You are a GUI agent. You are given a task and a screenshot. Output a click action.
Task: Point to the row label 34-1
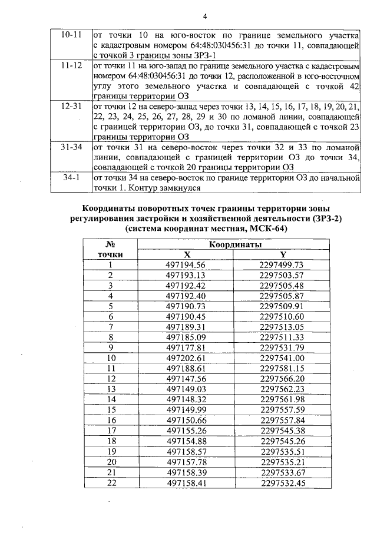coord(71,177)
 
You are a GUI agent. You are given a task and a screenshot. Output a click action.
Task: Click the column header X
coord(186,254)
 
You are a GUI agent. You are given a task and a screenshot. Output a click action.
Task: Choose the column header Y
coord(282,254)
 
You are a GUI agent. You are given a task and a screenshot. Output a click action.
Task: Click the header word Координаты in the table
coord(234,244)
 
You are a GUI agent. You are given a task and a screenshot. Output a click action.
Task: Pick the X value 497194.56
coord(186,265)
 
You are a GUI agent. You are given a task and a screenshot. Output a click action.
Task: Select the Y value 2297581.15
coord(282,368)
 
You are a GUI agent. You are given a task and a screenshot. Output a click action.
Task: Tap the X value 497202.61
coord(186,357)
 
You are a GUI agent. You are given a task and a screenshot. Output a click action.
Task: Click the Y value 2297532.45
coord(282,481)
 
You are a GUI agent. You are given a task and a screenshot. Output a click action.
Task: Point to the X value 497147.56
coord(186,378)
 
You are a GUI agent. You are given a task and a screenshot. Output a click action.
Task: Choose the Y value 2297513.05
coord(282,326)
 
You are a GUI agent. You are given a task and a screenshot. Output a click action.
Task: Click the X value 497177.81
coord(186,347)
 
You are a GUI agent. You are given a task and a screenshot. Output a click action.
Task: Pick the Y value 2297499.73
coord(282,265)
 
